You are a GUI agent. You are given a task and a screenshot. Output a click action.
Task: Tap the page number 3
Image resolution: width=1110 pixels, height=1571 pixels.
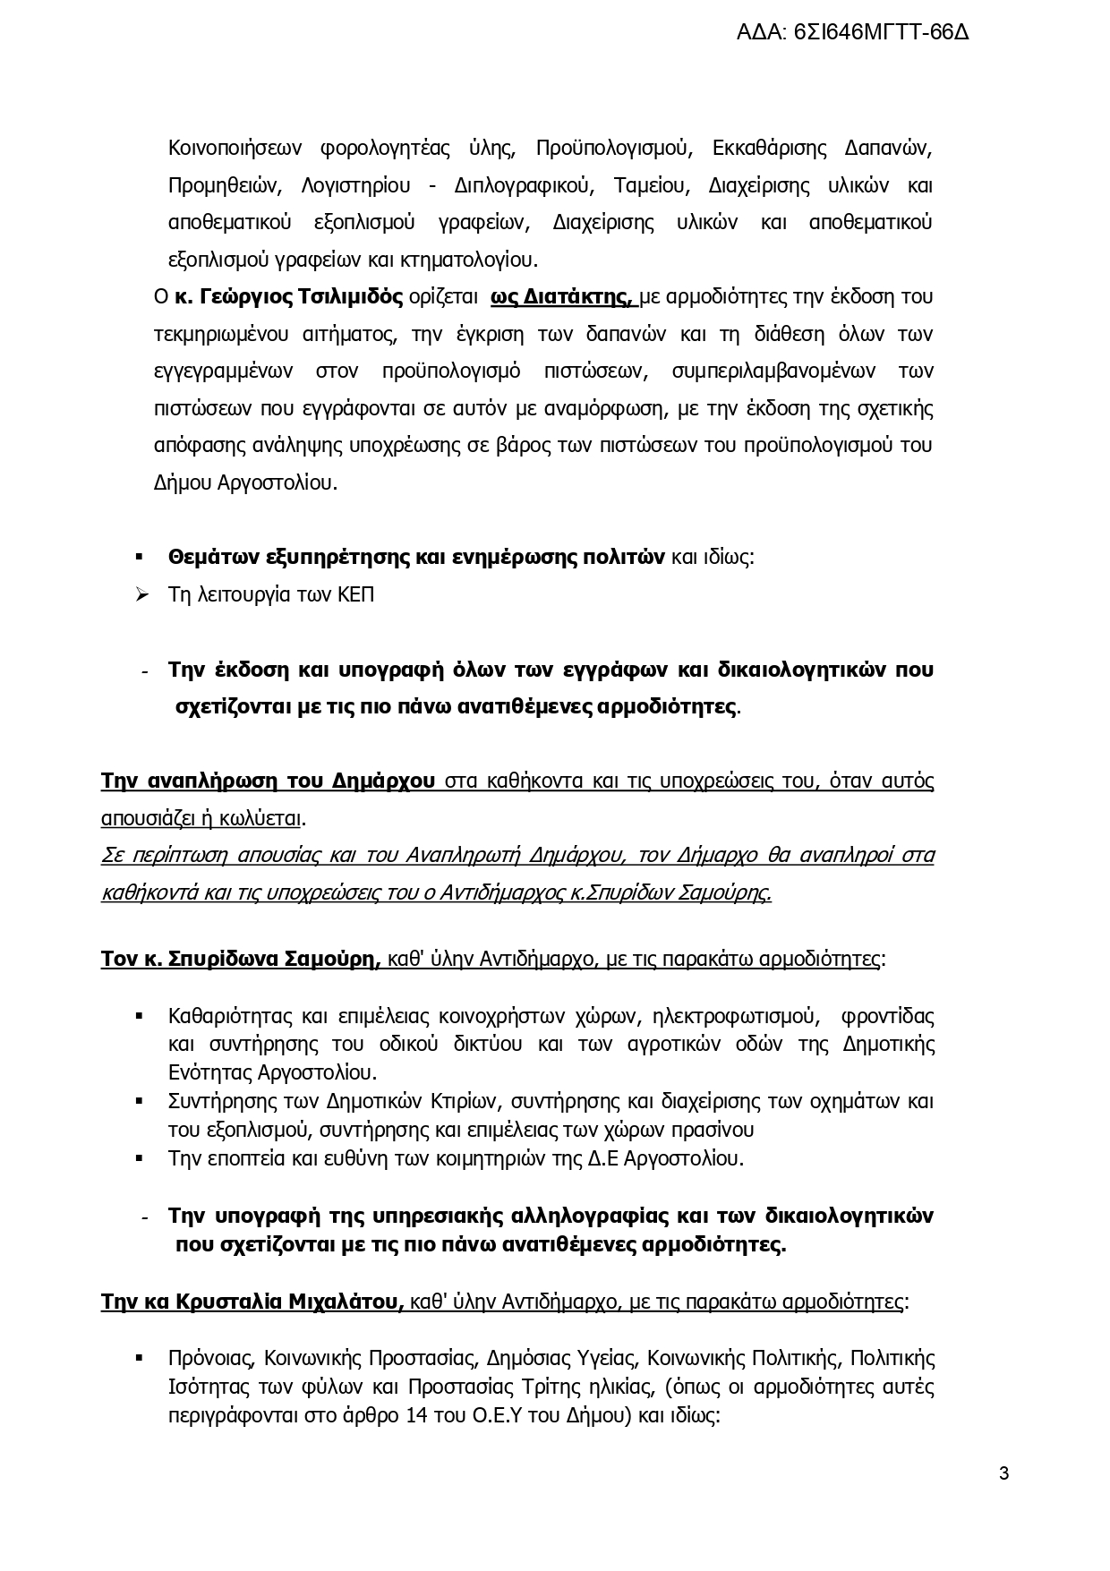1003,1473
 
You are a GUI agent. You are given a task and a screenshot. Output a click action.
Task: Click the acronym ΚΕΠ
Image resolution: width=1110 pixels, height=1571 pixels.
355,594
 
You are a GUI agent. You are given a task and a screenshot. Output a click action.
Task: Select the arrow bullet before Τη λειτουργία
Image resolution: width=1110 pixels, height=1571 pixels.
141,594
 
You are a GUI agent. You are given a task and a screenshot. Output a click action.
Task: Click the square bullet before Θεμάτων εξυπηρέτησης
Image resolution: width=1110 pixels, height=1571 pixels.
140,557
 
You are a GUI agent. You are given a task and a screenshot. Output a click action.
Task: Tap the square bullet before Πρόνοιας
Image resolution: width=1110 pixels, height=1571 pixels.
140,1358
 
